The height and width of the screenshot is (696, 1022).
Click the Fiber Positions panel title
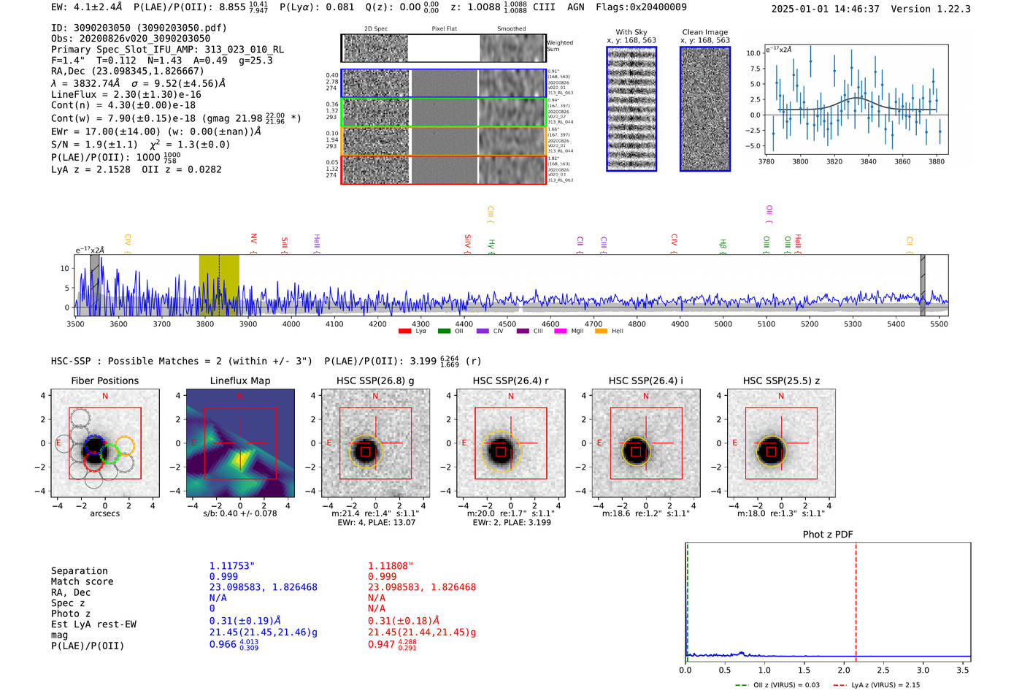(x=104, y=380)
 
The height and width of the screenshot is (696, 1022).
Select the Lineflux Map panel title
(x=240, y=380)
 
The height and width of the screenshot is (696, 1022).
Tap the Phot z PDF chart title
(x=828, y=534)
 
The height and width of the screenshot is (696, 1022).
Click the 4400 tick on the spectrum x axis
(x=464, y=324)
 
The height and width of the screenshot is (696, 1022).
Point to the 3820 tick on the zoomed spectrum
(x=834, y=161)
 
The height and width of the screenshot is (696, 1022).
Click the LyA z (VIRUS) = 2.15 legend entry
(x=880, y=685)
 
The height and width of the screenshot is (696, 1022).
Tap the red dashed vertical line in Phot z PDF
(x=856, y=599)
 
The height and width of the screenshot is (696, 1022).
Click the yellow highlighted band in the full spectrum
(x=219, y=285)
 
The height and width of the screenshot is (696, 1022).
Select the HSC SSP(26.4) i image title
(x=645, y=380)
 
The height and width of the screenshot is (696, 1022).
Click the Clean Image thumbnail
(x=705, y=109)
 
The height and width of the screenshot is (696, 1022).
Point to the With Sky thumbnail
(x=631, y=109)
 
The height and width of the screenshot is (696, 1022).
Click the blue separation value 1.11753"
(x=232, y=566)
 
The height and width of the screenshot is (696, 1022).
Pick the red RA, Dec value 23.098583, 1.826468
(x=422, y=587)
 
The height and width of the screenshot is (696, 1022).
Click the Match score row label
(x=82, y=581)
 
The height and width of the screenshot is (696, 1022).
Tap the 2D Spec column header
(x=375, y=29)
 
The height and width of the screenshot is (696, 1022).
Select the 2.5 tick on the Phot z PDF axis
(x=883, y=670)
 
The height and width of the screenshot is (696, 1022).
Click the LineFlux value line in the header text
(x=126, y=95)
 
